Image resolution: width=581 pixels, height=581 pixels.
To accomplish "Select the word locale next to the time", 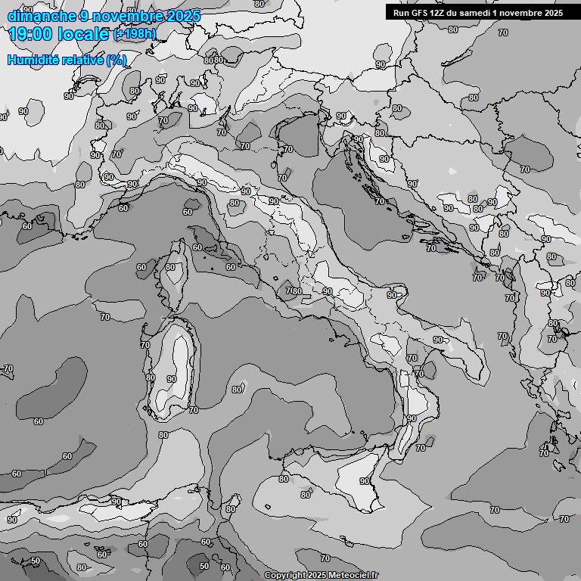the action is click(85, 34).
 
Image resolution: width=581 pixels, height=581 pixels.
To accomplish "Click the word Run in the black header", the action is click(402, 13).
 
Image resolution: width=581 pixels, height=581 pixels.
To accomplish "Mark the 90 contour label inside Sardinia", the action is click(172, 379).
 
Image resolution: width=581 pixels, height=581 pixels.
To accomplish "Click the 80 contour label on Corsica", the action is click(171, 267).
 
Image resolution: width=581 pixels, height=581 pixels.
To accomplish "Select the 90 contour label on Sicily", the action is click(364, 481).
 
